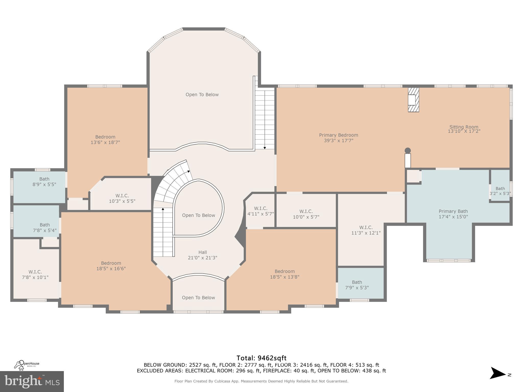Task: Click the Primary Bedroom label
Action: [338, 138]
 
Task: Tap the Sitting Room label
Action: [464, 129]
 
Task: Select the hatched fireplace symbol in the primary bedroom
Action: [413, 100]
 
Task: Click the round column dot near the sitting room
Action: [408, 151]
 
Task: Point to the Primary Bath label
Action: [453, 214]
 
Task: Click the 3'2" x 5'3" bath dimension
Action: [500, 193]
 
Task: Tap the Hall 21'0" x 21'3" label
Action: [203, 255]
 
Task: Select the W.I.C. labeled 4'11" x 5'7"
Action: [260, 211]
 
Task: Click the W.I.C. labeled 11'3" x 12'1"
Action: [366, 230]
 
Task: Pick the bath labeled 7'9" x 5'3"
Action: [357, 285]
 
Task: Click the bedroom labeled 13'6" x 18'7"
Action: [105, 140]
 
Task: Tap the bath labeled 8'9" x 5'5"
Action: [44, 181]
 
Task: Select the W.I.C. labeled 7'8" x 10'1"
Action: [35, 275]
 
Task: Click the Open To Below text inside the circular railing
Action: [198, 215]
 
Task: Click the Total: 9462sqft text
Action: [261, 358]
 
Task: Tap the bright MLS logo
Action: [32, 382]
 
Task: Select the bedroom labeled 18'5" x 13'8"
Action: [284, 274]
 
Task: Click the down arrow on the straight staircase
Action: [265, 147]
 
